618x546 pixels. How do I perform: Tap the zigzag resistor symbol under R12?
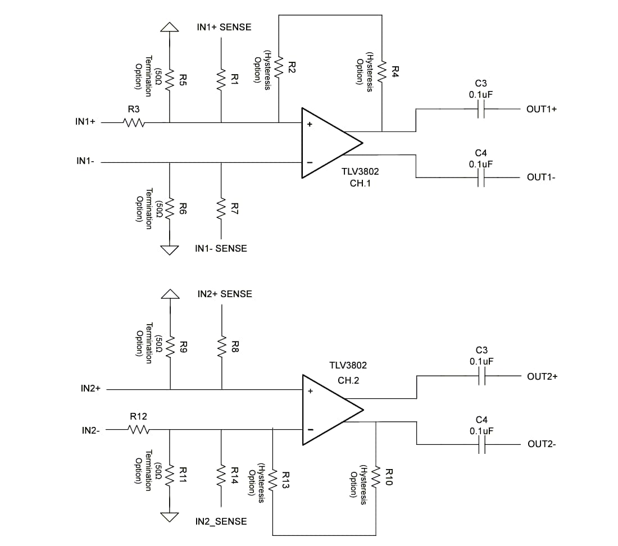tap(138, 430)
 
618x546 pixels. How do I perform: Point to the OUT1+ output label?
tap(542, 109)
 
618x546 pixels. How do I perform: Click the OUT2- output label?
tap(542, 444)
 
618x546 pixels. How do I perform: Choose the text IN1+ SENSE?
tap(224, 27)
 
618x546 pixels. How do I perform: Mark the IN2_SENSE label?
tap(221, 521)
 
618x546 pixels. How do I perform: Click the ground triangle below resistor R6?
tap(170, 250)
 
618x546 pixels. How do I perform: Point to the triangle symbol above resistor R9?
tap(170, 294)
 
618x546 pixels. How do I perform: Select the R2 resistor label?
tap(292, 67)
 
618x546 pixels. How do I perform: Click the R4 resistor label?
tap(395, 71)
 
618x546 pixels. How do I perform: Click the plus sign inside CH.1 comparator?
tap(309, 125)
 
